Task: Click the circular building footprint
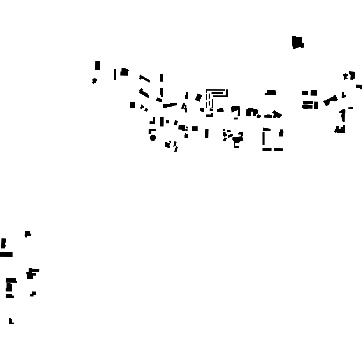[153, 138]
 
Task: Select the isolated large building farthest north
[298, 42]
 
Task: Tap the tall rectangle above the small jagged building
[98, 65]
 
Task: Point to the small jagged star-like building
[94, 81]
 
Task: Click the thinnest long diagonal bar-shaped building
[145, 79]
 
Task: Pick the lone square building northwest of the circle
[133, 105]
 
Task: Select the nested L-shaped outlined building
[216, 94]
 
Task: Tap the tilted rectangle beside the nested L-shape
[199, 97]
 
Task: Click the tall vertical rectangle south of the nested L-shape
[207, 133]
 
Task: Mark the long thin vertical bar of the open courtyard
[264, 138]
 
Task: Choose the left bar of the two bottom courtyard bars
[267, 150]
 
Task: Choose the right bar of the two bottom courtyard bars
[279, 150]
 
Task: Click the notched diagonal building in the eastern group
[330, 100]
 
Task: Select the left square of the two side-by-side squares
[305, 93]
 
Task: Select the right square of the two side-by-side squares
[314, 93]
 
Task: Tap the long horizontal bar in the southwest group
[6, 254]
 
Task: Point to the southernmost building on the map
[11, 321]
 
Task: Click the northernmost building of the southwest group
[27, 234]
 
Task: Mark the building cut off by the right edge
[359, 86]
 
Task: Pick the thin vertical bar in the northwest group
[115, 74]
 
